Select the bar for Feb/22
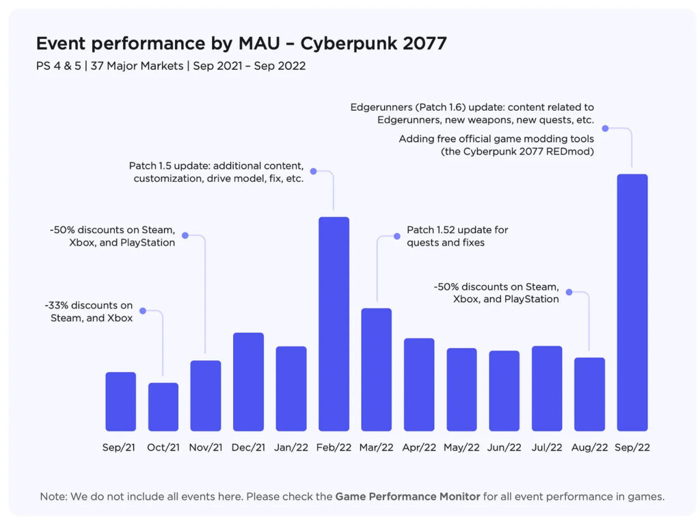point(334,324)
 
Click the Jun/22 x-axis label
point(504,448)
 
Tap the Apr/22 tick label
point(419,448)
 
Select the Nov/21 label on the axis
point(206,448)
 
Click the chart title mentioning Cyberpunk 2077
point(241,44)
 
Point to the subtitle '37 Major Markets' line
point(171,66)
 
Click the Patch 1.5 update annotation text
point(216,172)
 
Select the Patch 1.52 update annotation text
point(457,236)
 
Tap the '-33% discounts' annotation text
point(92,312)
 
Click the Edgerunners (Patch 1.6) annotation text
point(472,113)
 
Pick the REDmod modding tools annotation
point(496,145)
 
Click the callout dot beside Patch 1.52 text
point(396,236)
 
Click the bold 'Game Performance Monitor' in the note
point(407,496)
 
